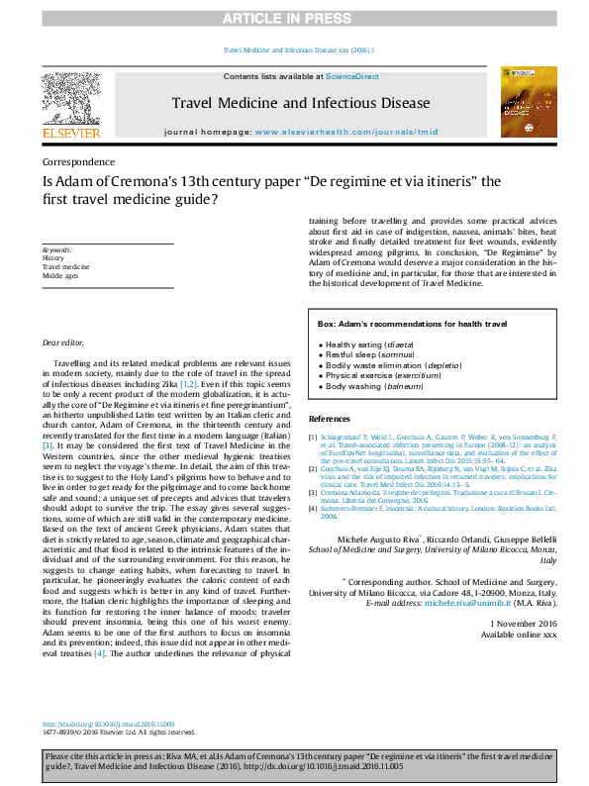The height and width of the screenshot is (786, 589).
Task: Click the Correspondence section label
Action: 78,161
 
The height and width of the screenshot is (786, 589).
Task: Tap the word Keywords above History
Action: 56,250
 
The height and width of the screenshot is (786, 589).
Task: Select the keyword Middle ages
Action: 60,276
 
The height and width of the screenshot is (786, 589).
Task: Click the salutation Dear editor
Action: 62,342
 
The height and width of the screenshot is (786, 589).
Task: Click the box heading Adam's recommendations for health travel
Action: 412,324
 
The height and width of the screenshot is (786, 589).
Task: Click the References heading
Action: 330,419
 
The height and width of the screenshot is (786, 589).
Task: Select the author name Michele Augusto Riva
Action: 379,537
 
